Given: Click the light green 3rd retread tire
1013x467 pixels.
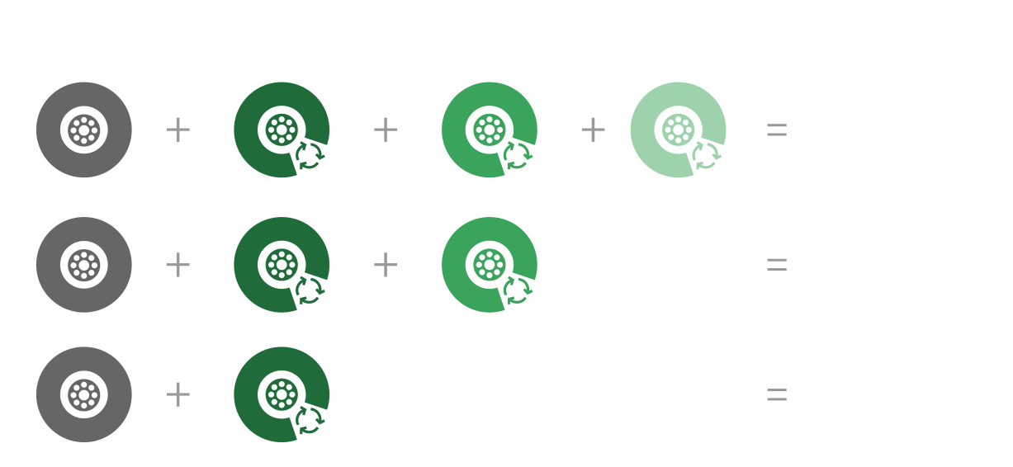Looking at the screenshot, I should pos(677,130).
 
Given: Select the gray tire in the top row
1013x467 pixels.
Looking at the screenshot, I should pos(83,130).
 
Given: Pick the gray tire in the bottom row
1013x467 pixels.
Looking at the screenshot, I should pos(83,394).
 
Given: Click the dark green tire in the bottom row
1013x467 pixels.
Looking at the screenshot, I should pos(281,394).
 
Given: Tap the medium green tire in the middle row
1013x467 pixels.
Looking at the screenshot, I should pos(489,265).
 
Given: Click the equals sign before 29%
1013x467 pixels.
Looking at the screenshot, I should pos(777,131).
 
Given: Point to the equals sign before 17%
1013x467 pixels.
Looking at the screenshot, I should pos(777,395).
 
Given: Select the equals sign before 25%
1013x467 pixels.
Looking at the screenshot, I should pos(777,265).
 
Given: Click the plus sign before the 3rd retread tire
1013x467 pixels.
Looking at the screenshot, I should pos(593,130).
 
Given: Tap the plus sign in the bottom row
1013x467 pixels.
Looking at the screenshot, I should pos(178,395).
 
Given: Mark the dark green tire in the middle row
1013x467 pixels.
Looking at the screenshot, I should pos(281,265).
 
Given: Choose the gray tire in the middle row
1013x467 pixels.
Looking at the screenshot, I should pos(83,265).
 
